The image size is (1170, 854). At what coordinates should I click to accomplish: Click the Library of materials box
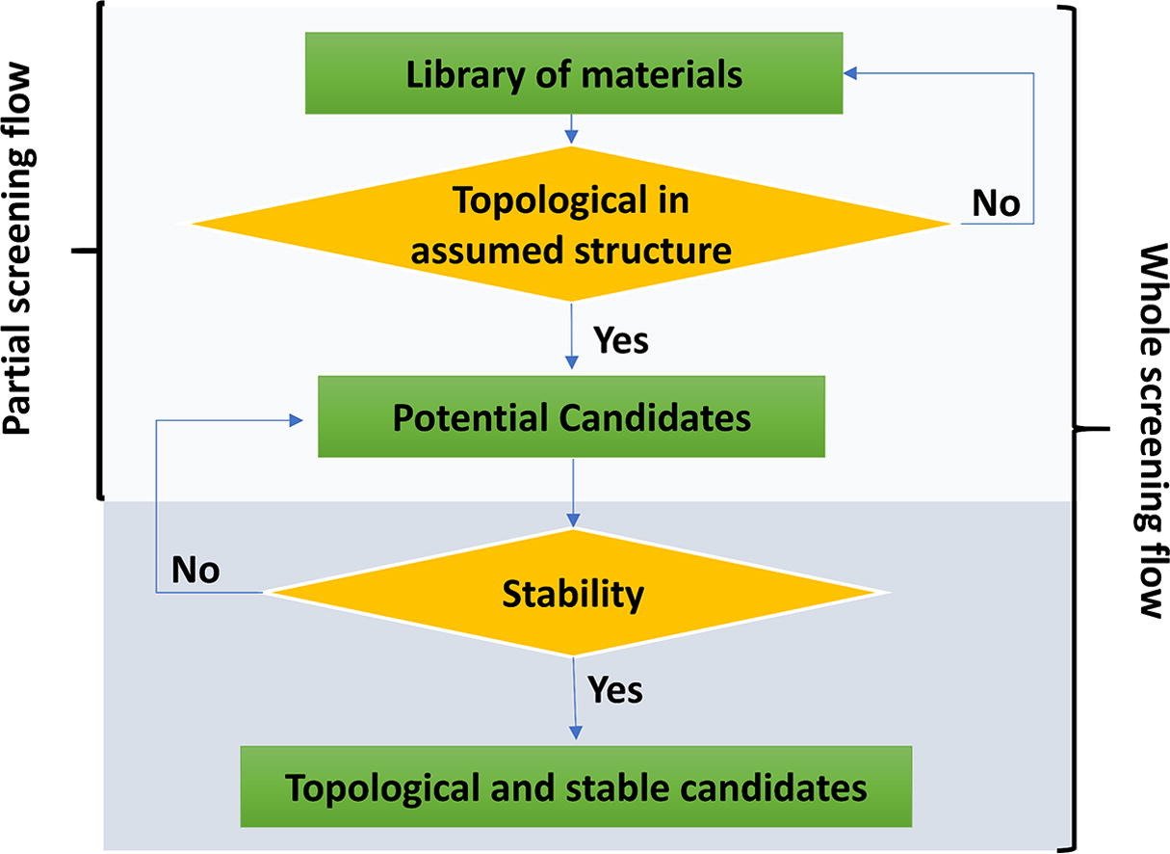pyautogui.click(x=574, y=73)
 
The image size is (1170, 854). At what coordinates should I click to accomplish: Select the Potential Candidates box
pyautogui.click(x=571, y=416)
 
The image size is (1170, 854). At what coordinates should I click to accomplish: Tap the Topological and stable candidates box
pyautogui.click(x=576, y=787)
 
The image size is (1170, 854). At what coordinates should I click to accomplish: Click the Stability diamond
pyautogui.click(x=574, y=593)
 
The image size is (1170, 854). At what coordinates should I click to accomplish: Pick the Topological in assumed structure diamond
pyautogui.click(x=571, y=224)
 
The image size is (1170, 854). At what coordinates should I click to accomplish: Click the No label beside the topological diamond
pyautogui.click(x=996, y=203)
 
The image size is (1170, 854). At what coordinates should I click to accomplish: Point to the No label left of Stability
pyautogui.click(x=195, y=570)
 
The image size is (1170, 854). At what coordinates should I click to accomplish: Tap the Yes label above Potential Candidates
pyautogui.click(x=620, y=340)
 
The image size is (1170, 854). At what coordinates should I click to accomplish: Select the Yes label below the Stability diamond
pyautogui.click(x=615, y=690)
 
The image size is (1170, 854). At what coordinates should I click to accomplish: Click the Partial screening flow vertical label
pyautogui.click(x=19, y=250)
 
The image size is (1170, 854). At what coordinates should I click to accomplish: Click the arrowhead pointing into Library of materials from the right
pyautogui.click(x=850, y=74)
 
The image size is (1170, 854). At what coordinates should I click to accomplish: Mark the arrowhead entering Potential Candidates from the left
pyautogui.click(x=297, y=420)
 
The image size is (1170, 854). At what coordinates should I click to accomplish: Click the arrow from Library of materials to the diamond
pyautogui.click(x=571, y=128)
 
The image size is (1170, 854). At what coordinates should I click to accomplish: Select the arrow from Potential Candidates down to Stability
pyautogui.click(x=573, y=493)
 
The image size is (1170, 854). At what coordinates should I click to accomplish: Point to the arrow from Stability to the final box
pyautogui.click(x=575, y=699)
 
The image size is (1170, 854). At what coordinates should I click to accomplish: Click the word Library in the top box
pyautogui.click(x=464, y=75)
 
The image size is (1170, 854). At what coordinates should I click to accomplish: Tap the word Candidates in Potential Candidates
pyautogui.click(x=655, y=417)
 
